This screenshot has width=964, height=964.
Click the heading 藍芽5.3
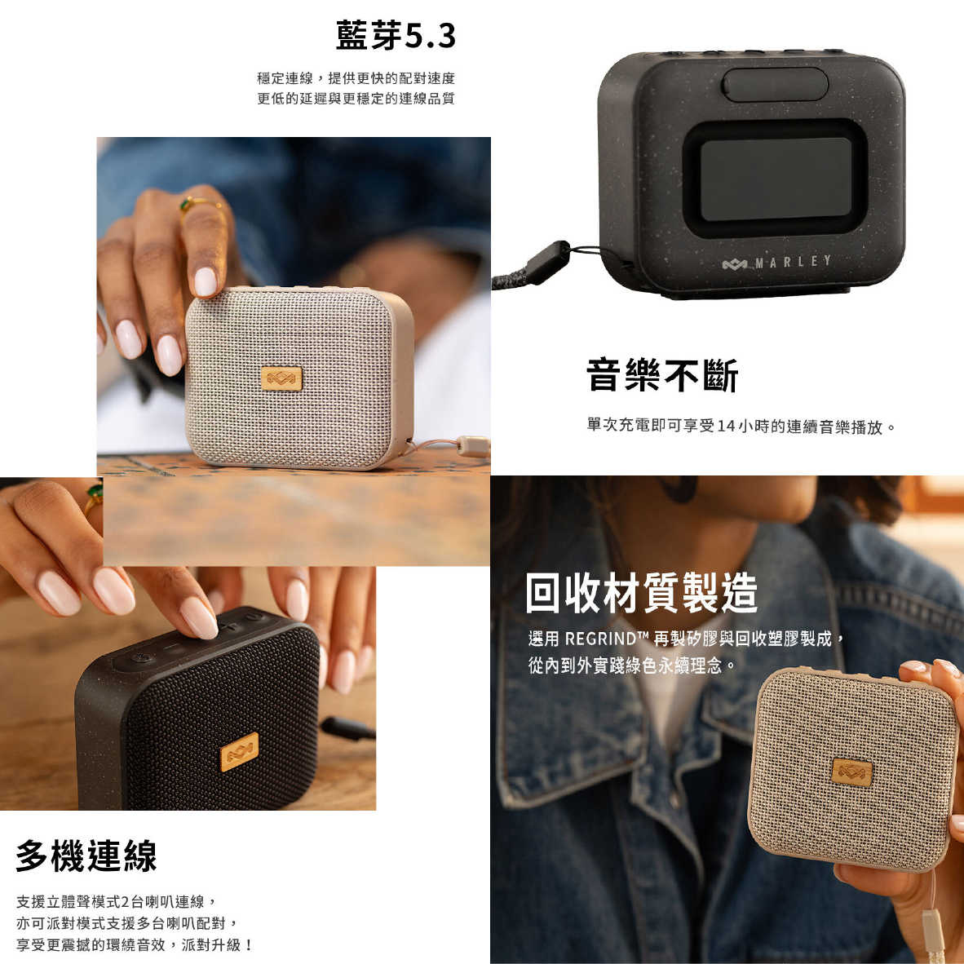396,36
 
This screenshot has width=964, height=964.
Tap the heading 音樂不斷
661,376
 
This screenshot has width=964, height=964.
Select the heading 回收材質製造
641,593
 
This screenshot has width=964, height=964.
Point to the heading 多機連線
86,856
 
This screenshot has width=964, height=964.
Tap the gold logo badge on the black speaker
239,752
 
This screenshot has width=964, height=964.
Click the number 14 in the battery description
726,427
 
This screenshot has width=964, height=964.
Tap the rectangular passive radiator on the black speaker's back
776,179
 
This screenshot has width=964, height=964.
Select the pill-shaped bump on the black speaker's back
775,84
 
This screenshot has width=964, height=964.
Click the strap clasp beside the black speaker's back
547,263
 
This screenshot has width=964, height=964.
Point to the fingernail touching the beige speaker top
205,281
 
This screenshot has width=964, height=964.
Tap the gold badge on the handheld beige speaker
852,770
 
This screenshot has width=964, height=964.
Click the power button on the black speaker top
144,658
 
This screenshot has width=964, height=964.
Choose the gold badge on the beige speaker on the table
281,378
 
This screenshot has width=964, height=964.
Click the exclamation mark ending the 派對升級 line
249,945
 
